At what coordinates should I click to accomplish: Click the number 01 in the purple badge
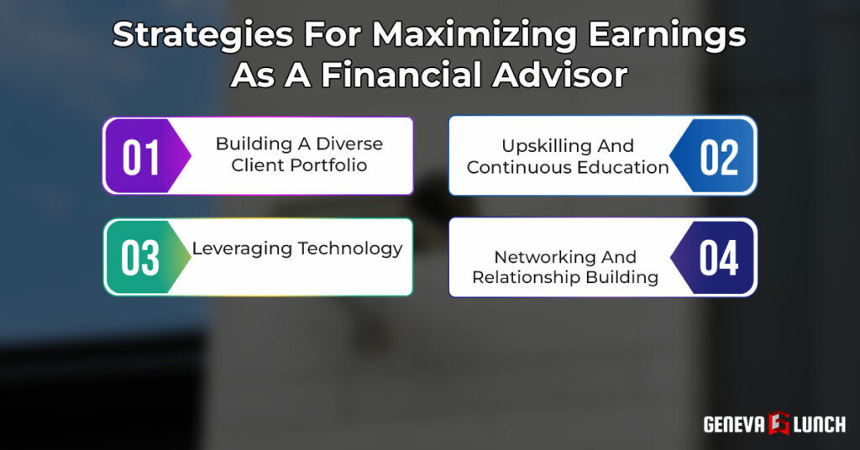141,157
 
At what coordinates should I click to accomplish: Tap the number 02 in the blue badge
719,157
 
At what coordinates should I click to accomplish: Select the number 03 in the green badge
140,258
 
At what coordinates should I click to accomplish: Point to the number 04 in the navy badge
719,258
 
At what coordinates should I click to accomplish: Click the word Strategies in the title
203,35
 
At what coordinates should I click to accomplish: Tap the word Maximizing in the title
474,34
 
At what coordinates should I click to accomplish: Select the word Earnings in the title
667,35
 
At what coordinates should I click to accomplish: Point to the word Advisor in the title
560,75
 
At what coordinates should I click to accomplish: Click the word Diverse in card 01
349,144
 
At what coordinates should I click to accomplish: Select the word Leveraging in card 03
242,249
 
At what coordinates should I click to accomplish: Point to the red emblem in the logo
779,423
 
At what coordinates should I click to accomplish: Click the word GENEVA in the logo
734,424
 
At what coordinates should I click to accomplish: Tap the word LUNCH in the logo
820,424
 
